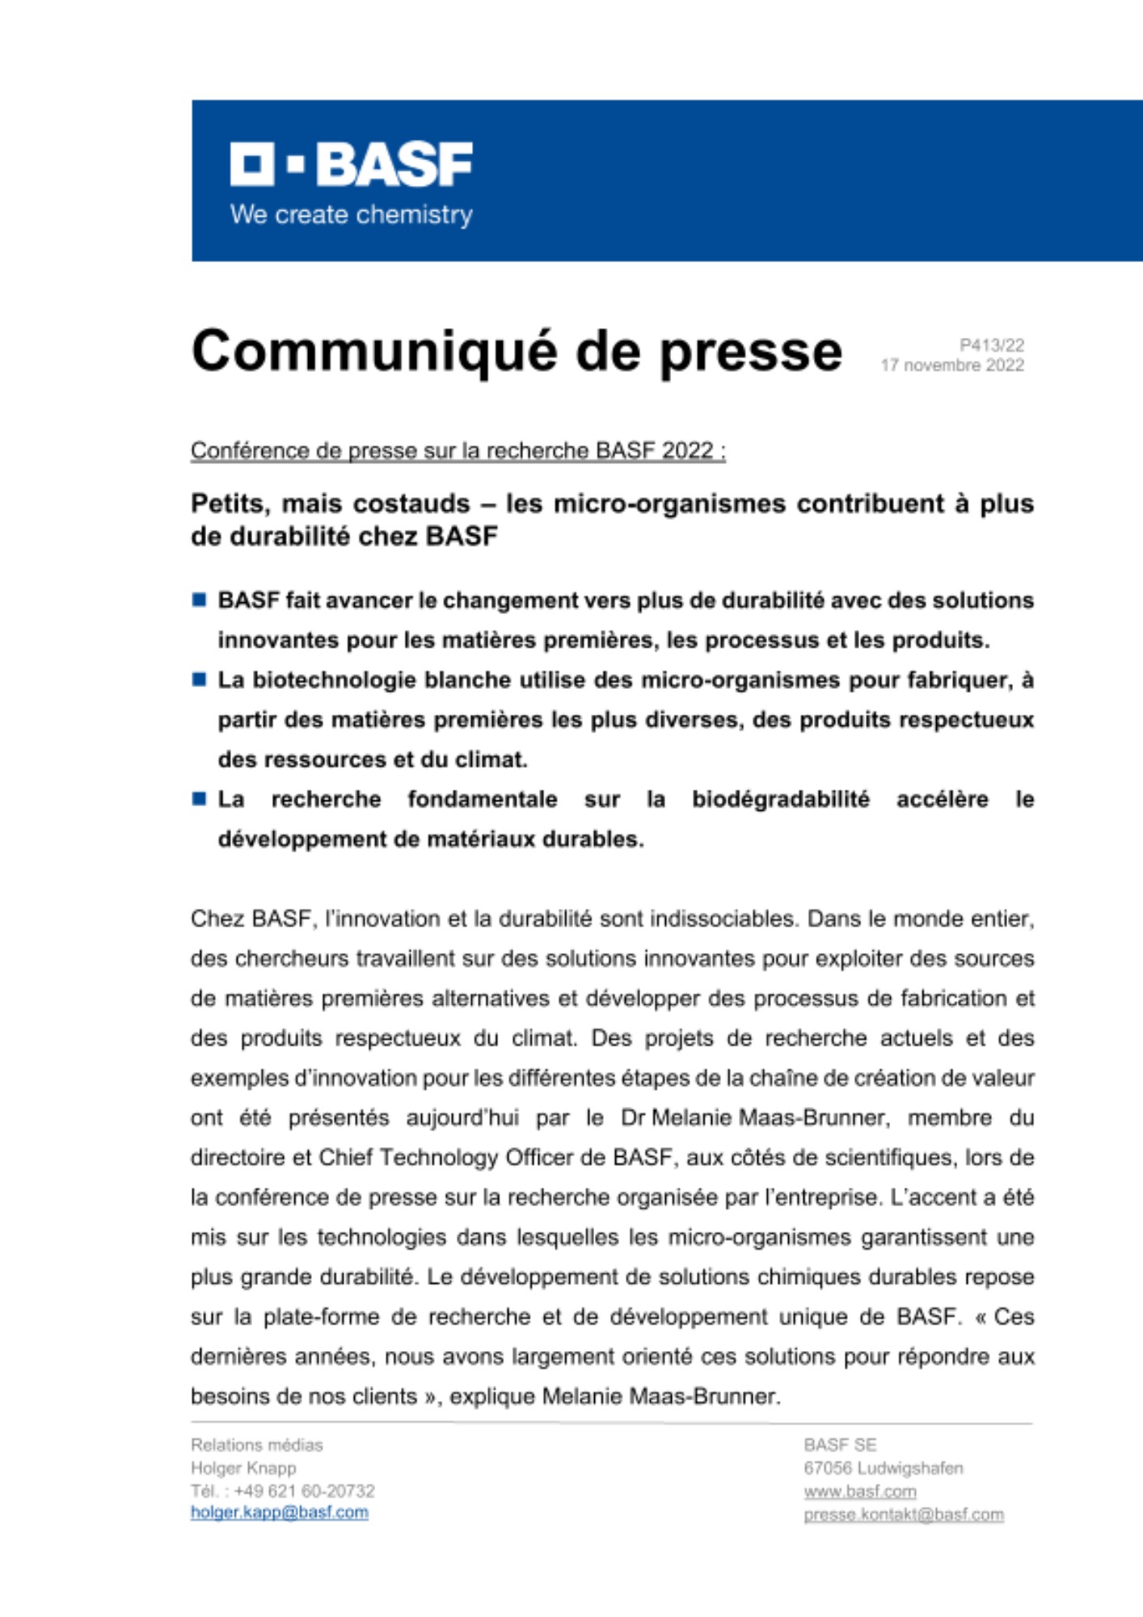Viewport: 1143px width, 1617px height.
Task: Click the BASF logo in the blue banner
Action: pos(351,164)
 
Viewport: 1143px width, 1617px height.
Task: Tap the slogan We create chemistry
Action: pos(351,215)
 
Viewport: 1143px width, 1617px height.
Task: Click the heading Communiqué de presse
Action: pos(517,352)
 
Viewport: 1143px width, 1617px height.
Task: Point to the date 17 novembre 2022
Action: pos(951,365)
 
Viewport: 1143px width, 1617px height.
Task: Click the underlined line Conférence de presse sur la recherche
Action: pos(458,450)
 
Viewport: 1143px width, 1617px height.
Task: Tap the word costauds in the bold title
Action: pos(411,504)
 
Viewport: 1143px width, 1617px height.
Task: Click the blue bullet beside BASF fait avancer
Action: pos(199,600)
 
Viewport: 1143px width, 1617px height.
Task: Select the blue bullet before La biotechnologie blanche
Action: pos(199,679)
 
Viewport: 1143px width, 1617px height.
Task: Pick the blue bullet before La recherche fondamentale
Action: pos(199,799)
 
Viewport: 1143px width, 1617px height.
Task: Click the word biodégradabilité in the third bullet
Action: pos(780,800)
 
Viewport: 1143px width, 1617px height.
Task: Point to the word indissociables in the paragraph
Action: pos(723,919)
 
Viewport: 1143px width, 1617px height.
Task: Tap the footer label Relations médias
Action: pos(256,1445)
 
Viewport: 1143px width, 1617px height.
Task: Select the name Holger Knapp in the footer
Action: pos(243,1468)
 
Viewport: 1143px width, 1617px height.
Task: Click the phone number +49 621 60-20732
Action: pos(304,1491)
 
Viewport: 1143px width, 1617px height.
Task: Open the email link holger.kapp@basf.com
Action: pos(279,1513)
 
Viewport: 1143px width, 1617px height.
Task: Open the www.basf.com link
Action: pos(859,1492)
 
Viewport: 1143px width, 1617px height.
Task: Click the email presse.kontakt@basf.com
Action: pos(903,1514)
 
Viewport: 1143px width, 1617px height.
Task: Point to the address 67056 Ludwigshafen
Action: pos(883,1468)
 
